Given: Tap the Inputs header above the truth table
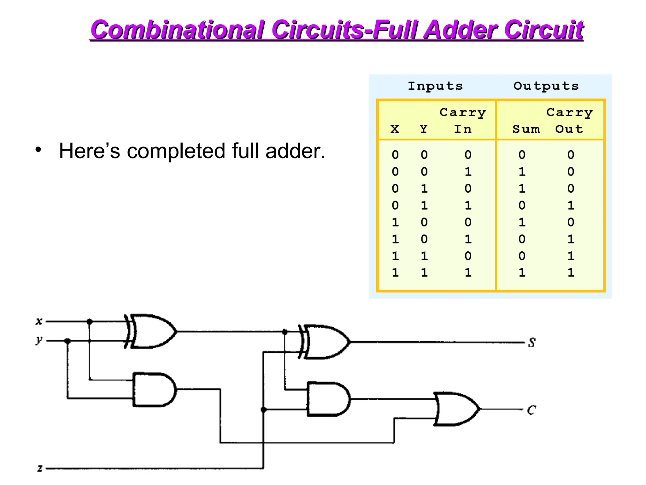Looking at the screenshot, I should [x=435, y=86].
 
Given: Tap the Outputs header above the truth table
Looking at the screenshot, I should [x=546, y=86].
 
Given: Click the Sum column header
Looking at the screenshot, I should [x=526, y=129].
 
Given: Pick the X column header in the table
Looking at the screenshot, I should [x=395, y=129].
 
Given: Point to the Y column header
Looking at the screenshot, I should [x=424, y=129].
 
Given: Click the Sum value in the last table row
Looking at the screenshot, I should [x=522, y=272].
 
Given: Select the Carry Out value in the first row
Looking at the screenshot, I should [x=571, y=155].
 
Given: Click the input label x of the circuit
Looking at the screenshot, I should [x=39, y=321].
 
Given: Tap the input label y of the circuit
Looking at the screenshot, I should [x=39, y=340].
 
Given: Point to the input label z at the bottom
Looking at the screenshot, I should [x=39, y=468].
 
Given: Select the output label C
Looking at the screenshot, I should [x=531, y=410].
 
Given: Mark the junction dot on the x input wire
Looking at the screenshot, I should [x=90, y=322].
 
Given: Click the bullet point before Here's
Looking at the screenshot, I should [x=38, y=150].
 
